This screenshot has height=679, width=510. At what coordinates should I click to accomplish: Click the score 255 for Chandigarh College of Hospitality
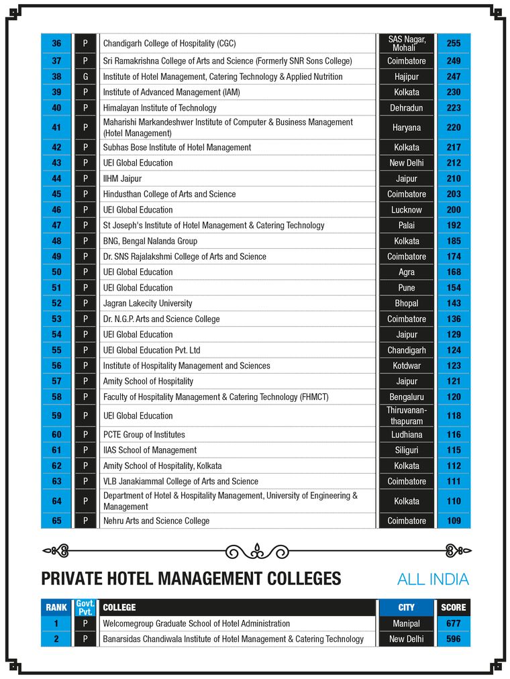453,44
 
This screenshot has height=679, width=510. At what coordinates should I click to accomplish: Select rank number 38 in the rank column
56,76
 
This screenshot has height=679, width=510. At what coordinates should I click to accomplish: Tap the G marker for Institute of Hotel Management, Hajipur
85,76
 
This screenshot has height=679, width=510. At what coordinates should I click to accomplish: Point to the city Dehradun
406,108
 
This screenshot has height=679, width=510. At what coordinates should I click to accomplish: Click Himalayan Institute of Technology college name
160,108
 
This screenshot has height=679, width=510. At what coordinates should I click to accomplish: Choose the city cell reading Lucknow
406,210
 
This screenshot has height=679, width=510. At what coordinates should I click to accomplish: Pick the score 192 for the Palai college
453,225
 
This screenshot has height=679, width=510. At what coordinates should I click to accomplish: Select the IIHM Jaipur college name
122,178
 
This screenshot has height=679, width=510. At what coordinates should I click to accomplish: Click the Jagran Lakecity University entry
148,303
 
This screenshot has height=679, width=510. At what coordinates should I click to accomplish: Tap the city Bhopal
406,303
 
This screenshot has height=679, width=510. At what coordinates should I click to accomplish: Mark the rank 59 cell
56,416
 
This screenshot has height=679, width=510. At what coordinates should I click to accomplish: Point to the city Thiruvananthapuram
406,416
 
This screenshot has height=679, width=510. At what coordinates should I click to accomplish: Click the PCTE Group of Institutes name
144,435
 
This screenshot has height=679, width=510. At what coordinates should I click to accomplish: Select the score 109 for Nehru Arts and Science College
453,521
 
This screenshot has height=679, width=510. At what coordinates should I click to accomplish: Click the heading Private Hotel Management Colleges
191,578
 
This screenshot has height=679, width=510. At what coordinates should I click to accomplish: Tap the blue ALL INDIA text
433,579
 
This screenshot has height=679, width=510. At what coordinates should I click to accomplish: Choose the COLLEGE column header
119,607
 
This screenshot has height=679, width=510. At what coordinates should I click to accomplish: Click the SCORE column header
453,607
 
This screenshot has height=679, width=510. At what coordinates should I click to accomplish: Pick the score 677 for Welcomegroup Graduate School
453,623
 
